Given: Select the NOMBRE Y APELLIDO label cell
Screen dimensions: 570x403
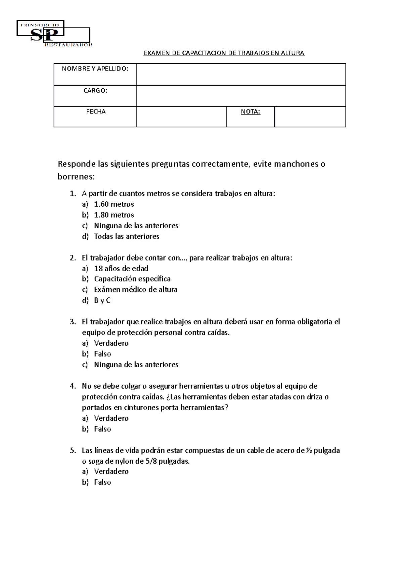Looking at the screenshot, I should click(x=95, y=69).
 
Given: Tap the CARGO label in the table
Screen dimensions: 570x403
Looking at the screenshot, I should click(x=95, y=91).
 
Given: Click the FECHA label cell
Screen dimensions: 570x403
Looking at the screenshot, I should click(x=96, y=112).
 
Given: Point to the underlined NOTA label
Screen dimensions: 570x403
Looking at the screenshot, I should click(x=251, y=112).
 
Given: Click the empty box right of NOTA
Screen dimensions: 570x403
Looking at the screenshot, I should click(x=310, y=117).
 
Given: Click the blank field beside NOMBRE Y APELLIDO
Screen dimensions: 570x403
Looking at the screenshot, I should click(x=241, y=74).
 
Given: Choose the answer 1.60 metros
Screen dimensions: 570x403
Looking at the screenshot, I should click(x=114, y=204).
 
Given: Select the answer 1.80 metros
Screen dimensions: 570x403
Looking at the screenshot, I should click(x=114, y=215).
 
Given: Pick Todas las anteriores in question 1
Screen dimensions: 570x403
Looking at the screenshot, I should click(x=127, y=236).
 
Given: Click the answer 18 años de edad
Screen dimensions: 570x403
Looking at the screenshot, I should click(x=121, y=269).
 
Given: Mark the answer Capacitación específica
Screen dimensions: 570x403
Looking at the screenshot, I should click(x=132, y=279).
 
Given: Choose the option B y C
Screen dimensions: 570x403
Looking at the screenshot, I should click(x=102, y=300).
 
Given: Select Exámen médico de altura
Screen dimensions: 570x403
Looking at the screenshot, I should click(x=136, y=290).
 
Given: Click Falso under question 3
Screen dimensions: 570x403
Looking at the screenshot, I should click(x=102, y=354).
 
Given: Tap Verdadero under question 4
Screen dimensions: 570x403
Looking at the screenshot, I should click(x=111, y=418).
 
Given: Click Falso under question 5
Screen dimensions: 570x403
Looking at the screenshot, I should click(x=102, y=482).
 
